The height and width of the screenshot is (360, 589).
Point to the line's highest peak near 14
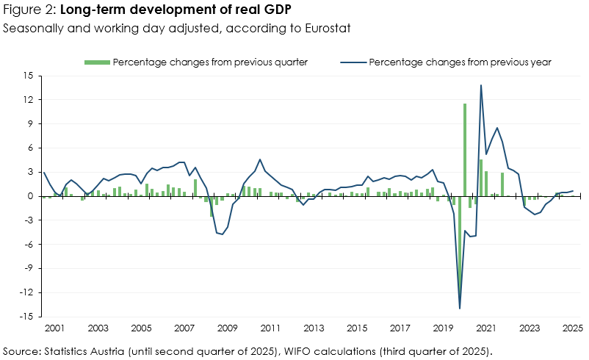481,85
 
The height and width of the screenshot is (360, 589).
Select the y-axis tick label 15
29,76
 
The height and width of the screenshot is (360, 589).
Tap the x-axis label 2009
227,328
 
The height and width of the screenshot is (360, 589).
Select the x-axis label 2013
314,328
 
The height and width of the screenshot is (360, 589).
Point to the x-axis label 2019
443,328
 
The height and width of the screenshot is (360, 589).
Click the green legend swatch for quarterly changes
98,62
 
